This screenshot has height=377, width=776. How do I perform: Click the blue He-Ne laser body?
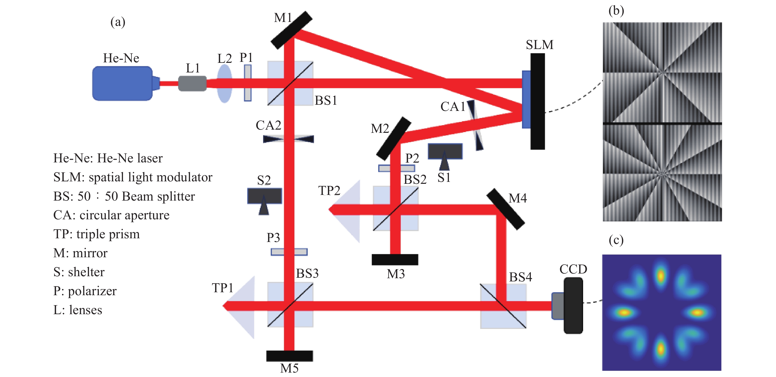click(122, 83)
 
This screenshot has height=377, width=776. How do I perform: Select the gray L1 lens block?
click(192, 84)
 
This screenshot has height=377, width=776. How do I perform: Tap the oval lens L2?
click(224, 84)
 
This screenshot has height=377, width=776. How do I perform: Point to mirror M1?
click(291, 30)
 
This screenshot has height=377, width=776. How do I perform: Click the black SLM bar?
click(538, 101)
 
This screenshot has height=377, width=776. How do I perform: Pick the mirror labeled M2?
click(393, 139)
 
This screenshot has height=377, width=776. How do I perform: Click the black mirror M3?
click(395, 259)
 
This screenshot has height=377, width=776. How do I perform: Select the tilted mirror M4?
click(506, 209)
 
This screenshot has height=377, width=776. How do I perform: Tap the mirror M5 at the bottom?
click(289, 356)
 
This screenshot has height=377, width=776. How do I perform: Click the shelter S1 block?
click(445, 152)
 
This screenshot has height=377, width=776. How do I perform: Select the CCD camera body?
click(573, 305)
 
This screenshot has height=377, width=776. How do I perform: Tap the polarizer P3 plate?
click(289, 252)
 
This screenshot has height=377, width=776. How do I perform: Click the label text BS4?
click(520, 277)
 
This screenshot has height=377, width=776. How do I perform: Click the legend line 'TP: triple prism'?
click(96, 234)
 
